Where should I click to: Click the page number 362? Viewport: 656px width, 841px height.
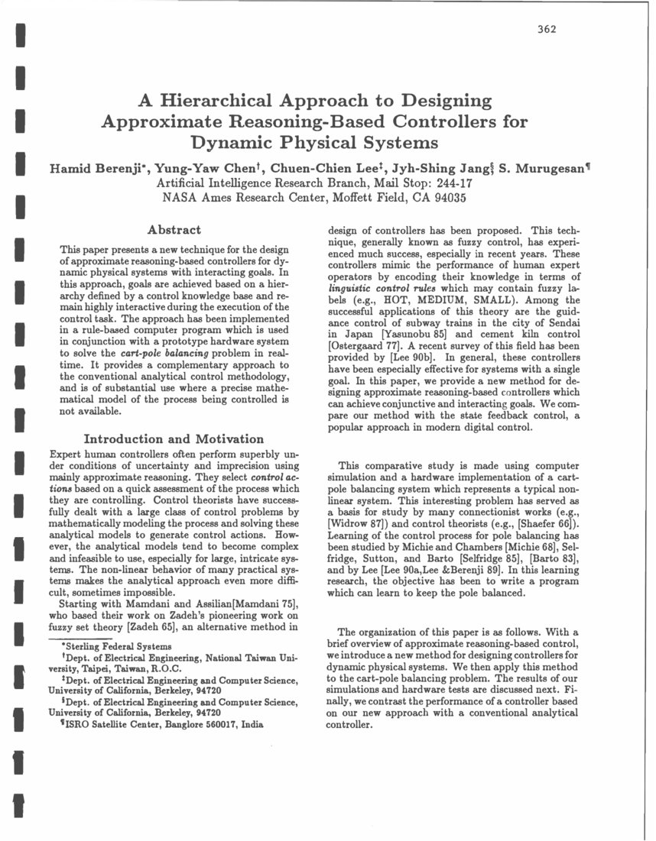[546, 30]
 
